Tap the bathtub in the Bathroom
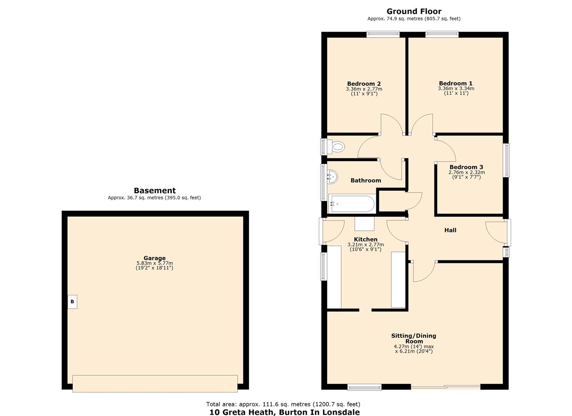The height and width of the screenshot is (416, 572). pyautogui.click(x=351, y=204)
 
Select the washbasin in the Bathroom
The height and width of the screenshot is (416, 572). pyautogui.click(x=332, y=177)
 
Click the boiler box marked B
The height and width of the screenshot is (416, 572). pyautogui.click(x=72, y=302)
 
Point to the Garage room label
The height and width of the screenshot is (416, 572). pyautogui.click(x=154, y=258)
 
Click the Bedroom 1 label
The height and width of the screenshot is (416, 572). pyautogui.click(x=456, y=83)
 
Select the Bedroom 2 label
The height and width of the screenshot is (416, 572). pyautogui.click(x=364, y=84)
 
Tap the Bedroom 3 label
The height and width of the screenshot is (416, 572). pyautogui.click(x=466, y=167)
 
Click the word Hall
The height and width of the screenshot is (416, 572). pyautogui.click(x=450, y=230)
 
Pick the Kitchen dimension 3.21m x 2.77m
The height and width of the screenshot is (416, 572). pyautogui.click(x=365, y=245)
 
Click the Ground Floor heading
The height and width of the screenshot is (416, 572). pyautogui.click(x=414, y=11)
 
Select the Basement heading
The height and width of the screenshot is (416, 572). pyautogui.click(x=154, y=190)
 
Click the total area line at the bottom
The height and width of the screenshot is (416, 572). pyautogui.click(x=283, y=404)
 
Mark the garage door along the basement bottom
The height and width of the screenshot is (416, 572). pyautogui.click(x=155, y=383)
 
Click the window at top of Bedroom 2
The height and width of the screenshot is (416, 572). pyautogui.click(x=383, y=34)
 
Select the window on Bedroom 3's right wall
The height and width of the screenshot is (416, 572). pyautogui.click(x=507, y=160)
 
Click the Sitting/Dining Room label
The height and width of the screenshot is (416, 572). pyautogui.click(x=414, y=338)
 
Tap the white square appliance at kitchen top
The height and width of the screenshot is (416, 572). pyautogui.click(x=364, y=224)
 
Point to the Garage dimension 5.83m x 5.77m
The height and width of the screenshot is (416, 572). pyautogui.click(x=154, y=265)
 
